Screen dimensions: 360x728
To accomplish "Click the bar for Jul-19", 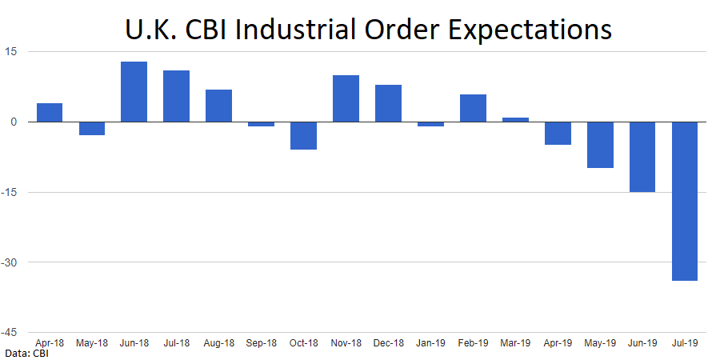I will coord(684,201).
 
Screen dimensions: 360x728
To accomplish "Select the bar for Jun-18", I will coord(134,92).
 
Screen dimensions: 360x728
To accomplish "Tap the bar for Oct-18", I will coord(303,135).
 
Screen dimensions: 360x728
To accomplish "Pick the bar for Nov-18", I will coord(346,98).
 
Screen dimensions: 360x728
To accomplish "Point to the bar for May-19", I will coord(600,145).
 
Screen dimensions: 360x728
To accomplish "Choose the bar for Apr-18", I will coord(50,113).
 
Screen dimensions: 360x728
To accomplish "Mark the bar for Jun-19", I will coord(642,157).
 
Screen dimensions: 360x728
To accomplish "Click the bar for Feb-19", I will coord(473,108).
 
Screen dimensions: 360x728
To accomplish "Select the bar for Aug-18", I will coord(218,106).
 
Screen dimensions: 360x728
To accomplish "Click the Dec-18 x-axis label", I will coord(388,342).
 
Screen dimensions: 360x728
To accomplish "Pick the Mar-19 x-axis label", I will coord(515,342).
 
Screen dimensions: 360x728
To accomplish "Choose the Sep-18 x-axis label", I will coord(261,342).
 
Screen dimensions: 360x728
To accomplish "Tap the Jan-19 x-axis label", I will coord(430,342).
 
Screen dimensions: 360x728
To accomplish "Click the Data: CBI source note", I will coord(26,352).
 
